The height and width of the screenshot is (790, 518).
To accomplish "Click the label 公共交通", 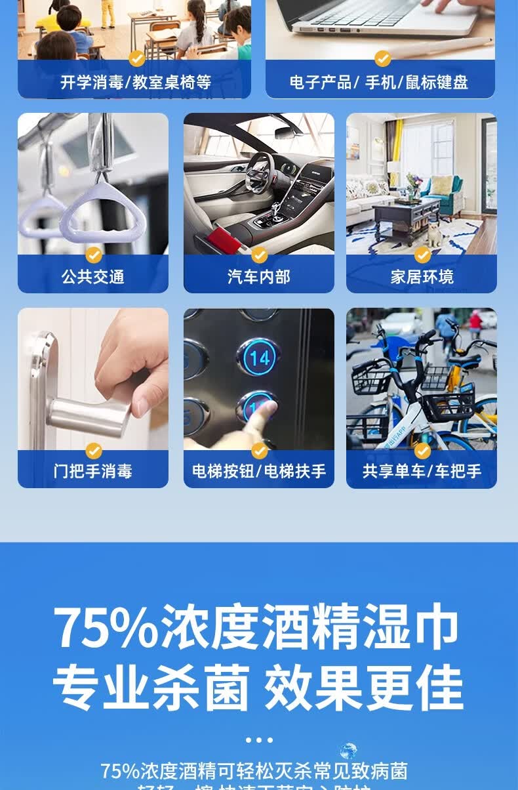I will (92, 277).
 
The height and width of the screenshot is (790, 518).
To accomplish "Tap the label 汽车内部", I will (258, 277).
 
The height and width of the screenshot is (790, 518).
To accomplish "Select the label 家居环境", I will (422, 277).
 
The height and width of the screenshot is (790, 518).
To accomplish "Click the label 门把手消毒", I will (92, 471).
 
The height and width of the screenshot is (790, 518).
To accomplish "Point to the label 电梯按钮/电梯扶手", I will (258, 471).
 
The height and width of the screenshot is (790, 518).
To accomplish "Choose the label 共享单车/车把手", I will (422, 471).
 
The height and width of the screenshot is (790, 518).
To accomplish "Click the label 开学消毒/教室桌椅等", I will (136, 83).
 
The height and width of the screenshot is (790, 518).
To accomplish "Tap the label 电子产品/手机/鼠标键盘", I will (379, 83).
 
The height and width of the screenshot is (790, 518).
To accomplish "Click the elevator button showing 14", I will (260, 358).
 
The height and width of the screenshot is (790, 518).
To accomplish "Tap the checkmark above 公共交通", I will (94, 255).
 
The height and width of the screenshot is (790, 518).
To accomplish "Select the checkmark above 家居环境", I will (422, 255).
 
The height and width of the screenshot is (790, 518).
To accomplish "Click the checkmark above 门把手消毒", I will (94, 451).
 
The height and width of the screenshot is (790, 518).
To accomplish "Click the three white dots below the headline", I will (259, 740).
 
